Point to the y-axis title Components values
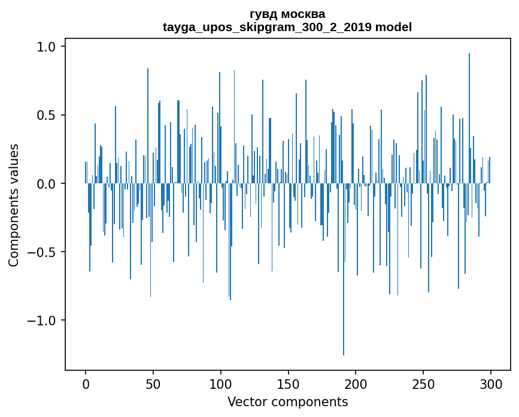click(14, 205)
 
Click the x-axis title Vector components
click(287, 401)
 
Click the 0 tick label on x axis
click(86, 383)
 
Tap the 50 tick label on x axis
click(153, 383)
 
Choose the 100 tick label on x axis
click(221, 383)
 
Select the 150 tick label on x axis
click(288, 383)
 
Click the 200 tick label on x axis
click(356, 383)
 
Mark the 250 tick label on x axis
click(423, 383)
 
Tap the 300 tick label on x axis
click(491, 383)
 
